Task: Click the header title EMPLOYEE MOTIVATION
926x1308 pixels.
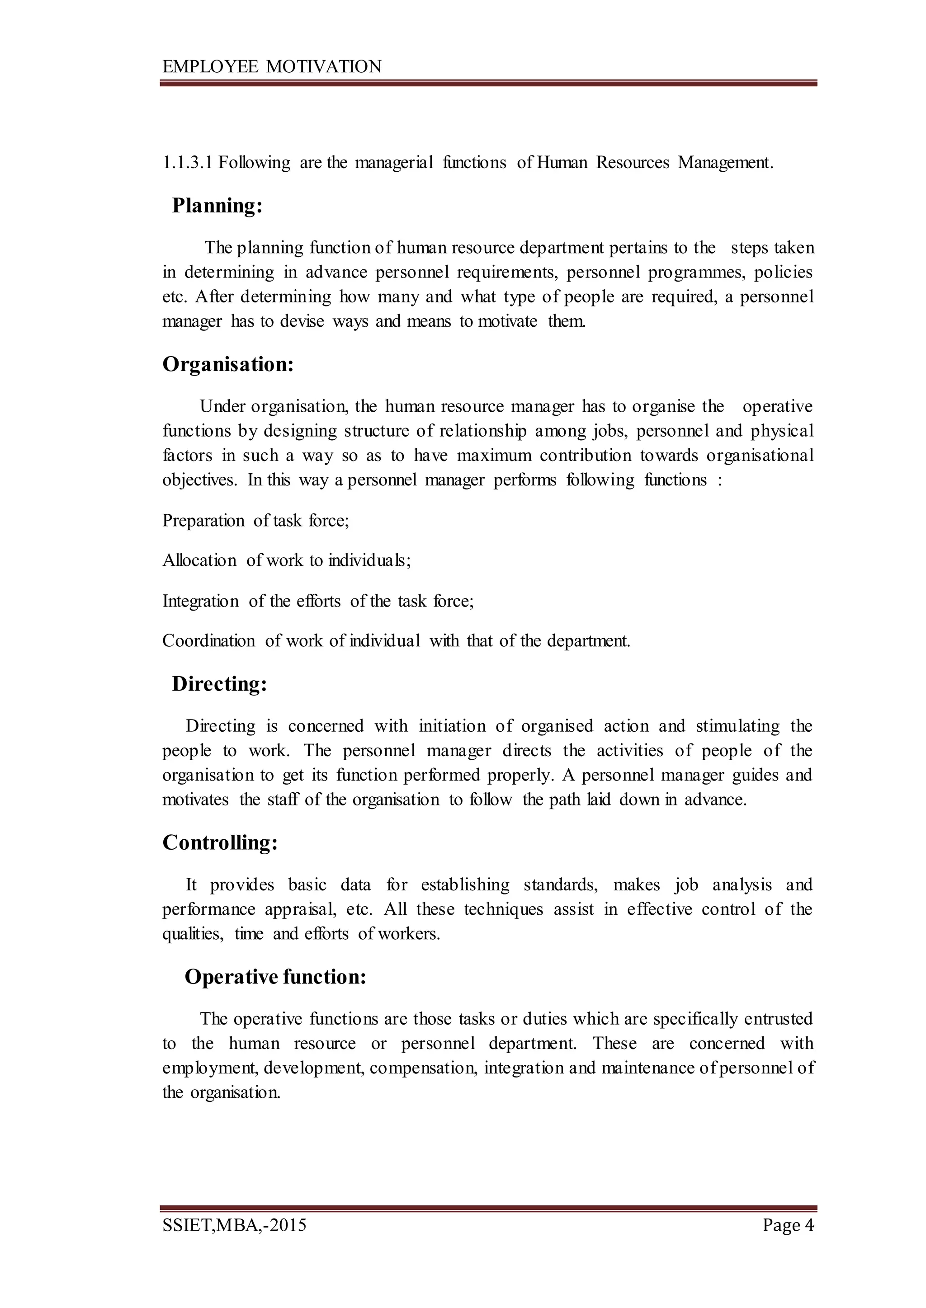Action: tap(272, 67)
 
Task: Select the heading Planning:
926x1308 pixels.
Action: tap(217, 206)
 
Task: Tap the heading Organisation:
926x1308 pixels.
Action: tap(228, 365)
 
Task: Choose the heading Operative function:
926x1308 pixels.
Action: tap(275, 977)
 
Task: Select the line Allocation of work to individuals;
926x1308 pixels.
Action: tap(286, 561)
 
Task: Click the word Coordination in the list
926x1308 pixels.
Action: tap(209, 641)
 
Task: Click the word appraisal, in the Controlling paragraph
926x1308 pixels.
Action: tap(301, 910)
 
